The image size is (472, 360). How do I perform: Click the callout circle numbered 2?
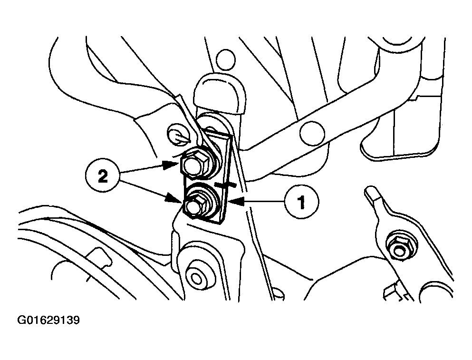103,176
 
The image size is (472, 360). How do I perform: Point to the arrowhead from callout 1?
236,202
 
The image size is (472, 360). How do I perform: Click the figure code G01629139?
48,320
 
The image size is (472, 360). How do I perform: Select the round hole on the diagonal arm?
312,133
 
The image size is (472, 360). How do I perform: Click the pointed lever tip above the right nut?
370,193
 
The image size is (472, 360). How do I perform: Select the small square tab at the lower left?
99,256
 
